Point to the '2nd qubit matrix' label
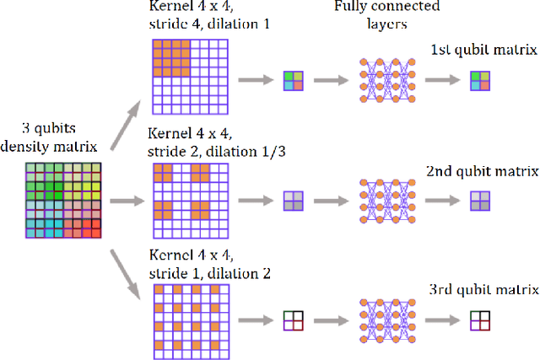[483, 171]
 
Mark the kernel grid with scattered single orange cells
[190, 320]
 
